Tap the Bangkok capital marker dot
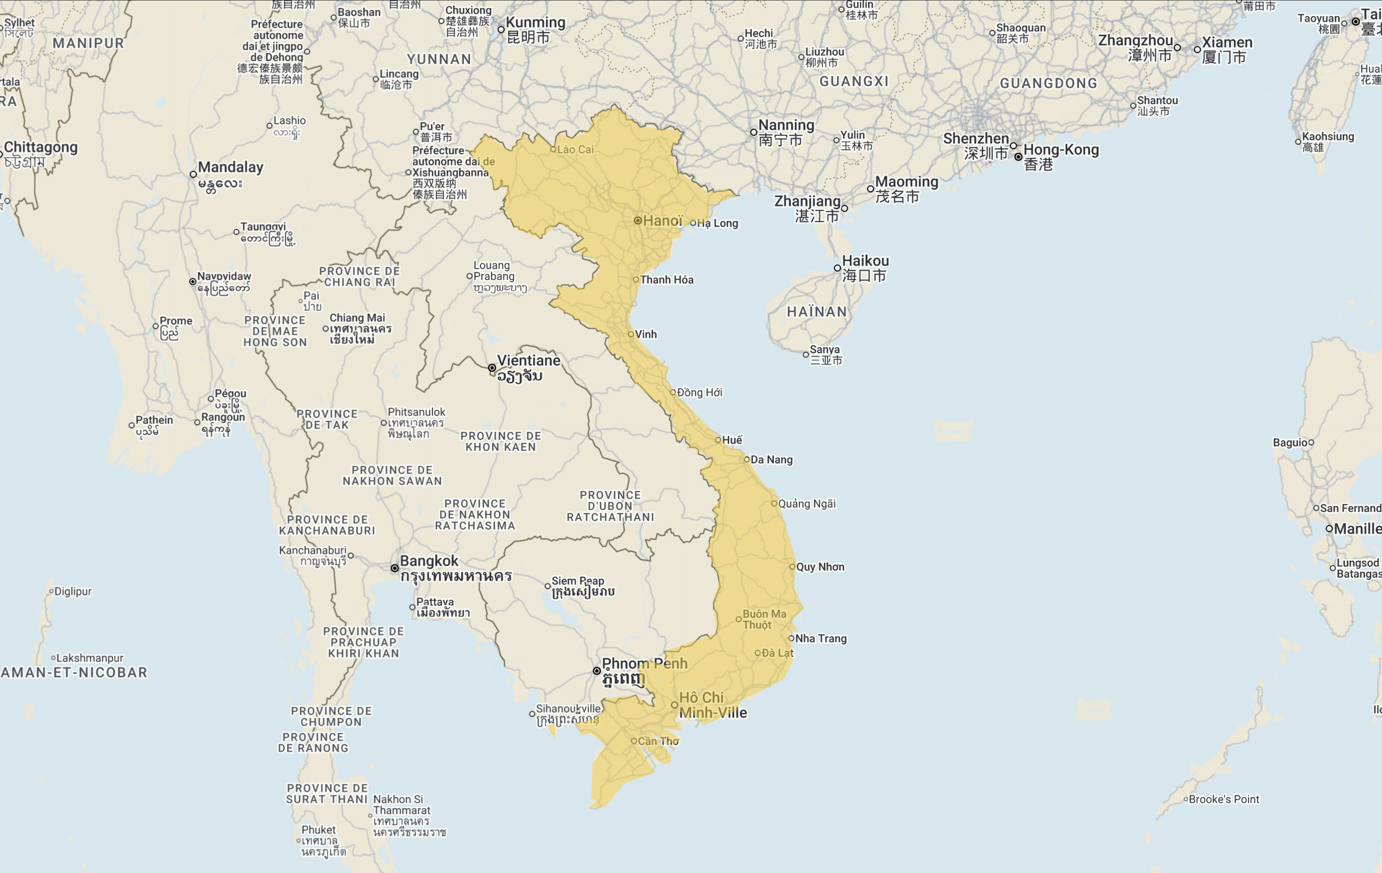point(395,568)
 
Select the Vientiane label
point(528,361)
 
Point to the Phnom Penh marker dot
point(597,671)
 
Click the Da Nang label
point(771,459)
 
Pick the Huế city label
point(732,440)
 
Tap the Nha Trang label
point(821,639)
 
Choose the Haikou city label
point(865,261)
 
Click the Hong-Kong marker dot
point(1018,157)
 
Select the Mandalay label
point(230,168)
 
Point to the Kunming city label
point(535,23)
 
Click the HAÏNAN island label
point(817,312)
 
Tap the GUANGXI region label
point(853,81)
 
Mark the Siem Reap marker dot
point(547,586)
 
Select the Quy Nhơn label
point(820,567)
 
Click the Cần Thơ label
point(658,741)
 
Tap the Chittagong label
point(41,148)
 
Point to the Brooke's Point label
point(1224,799)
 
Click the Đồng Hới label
point(699,392)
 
